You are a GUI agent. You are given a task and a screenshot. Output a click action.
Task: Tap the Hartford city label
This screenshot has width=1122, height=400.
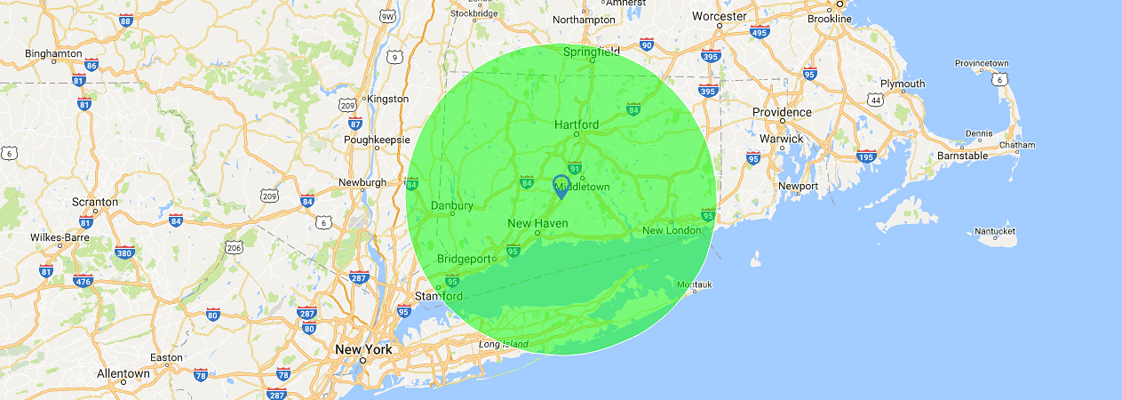[577, 124]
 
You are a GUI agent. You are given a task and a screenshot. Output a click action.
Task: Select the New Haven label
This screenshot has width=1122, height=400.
[537, 223]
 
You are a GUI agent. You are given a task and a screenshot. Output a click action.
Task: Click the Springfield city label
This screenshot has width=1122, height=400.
[592, 52]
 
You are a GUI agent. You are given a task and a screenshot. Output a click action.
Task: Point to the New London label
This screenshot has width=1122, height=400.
[672, 231]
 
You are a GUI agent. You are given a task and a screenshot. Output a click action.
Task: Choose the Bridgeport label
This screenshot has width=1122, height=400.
[464, 259]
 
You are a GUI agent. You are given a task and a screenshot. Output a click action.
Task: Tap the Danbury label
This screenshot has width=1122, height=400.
[451, 205]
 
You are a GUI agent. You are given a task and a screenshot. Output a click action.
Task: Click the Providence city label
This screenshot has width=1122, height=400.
[782, 112]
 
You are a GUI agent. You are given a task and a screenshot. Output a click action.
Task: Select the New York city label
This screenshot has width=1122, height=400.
[363, 349]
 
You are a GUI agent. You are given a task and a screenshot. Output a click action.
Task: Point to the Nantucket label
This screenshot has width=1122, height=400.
[995, 231]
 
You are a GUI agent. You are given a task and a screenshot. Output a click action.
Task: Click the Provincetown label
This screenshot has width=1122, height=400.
[982, 63]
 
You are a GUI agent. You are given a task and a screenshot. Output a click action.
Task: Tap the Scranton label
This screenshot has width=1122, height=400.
[94, 202]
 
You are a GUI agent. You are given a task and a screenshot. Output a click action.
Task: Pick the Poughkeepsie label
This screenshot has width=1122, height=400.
[377, 140]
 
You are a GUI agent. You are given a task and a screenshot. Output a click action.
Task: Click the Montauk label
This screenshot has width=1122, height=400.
[695, 284]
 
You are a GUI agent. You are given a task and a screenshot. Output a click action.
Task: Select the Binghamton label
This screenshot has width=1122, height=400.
[53, 53]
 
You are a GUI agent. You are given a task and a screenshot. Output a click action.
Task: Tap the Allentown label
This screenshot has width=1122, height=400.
[123, 373]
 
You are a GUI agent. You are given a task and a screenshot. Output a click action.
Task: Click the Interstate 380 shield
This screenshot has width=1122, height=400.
[124, 252]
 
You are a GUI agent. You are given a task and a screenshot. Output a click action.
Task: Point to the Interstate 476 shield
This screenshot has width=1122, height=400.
[83, 281]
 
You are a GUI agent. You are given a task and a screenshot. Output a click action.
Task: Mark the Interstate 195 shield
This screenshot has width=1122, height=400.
[866, 156]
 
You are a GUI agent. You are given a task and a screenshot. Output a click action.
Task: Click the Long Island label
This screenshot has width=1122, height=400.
[503, 344]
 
